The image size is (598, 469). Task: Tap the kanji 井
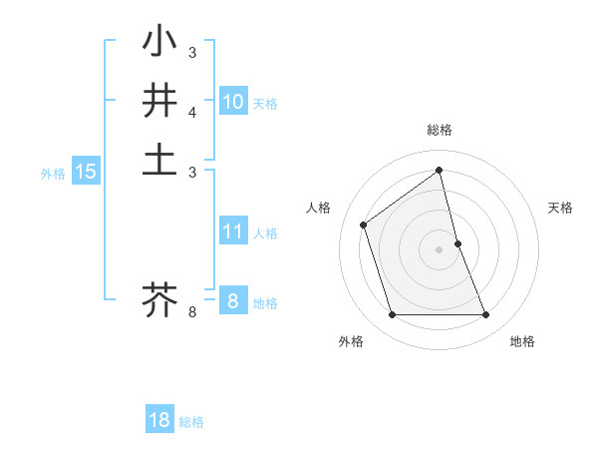[159, 101]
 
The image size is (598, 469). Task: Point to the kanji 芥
[159, 298]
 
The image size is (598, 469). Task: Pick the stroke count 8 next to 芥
[192, 312]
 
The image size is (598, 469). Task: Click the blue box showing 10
[233, 102]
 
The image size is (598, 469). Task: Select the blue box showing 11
[233, 232]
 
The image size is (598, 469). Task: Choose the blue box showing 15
[86, 172]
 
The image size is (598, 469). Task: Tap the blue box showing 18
[159, 420]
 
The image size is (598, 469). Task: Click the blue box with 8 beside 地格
[233, 300]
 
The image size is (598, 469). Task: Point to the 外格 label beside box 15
[53, 174]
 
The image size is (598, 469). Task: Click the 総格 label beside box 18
[191, 422]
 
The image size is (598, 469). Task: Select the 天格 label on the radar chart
[561, 208]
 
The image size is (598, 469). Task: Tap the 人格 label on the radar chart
[319, 208]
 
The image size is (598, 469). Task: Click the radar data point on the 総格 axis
[440, 170]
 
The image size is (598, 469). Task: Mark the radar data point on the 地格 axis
[486, 315]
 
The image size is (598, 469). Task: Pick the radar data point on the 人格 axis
[364, 225]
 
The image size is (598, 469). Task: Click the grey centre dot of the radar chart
[440, 249]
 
